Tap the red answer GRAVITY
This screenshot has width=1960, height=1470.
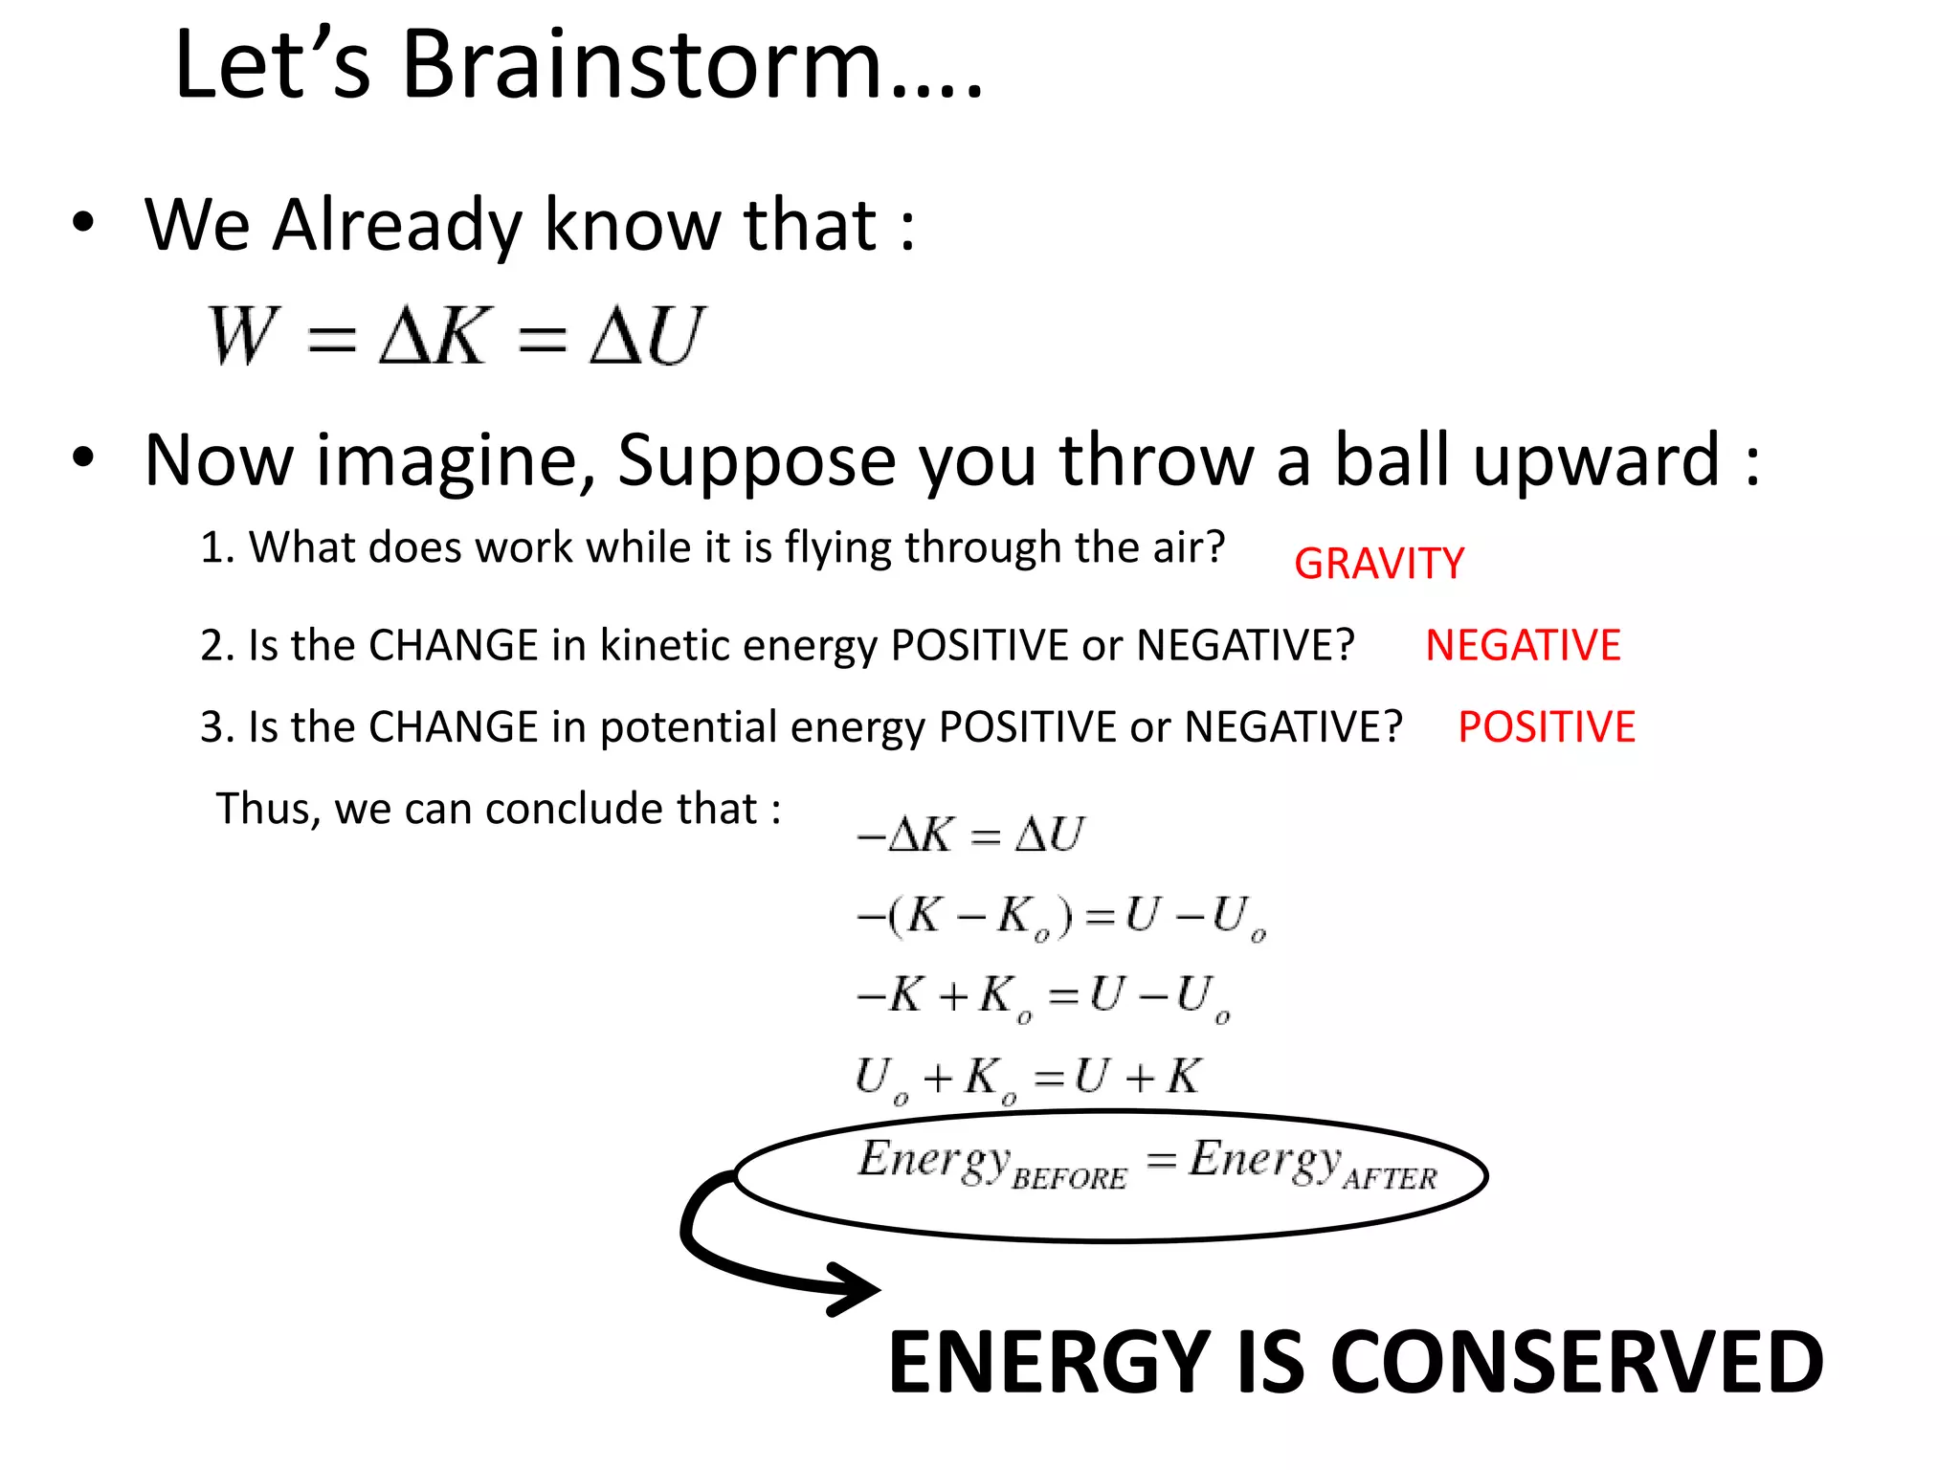tap(1378, 564)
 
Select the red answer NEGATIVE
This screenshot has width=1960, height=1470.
tap(1523, 645)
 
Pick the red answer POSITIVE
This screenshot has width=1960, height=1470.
tap(1546, 727)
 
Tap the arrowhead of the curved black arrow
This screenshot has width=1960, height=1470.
tap(857, 1289)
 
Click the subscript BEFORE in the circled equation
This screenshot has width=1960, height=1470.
tap(1069, 1179)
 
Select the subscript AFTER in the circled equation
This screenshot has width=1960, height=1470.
tap(1390, 1179)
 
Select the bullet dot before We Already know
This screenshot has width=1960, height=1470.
tap(83, 223)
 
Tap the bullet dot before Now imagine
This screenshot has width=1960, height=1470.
tap(83, 458)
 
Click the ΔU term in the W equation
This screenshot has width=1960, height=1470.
tap(647, 336)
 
